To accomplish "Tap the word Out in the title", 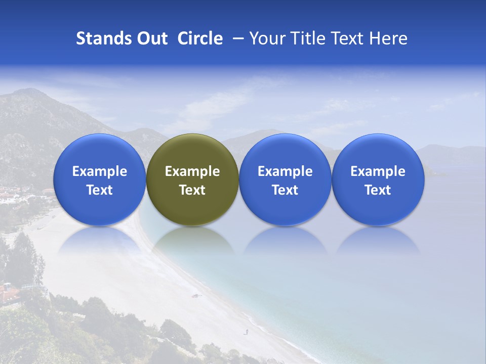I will tap(151, 38).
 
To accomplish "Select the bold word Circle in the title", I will tap(200, 38).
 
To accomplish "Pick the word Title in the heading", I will tap(306, 38).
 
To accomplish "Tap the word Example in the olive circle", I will tap(192, 171).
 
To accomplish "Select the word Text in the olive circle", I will tap(192, 190).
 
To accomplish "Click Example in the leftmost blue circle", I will tap(100, 171).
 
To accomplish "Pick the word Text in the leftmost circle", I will tap(100, 190).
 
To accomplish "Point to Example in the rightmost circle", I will tap(378, 171).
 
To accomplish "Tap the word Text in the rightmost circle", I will tap(378, 190).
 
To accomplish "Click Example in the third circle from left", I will tap(285, 171).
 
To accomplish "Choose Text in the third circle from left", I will tap(285, 190).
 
